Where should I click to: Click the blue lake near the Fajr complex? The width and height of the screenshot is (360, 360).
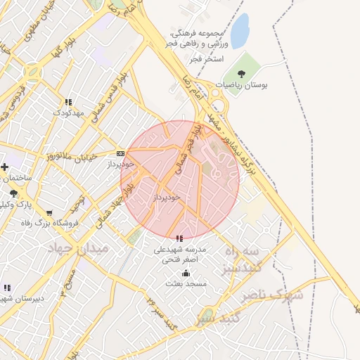click(x=240, y=31)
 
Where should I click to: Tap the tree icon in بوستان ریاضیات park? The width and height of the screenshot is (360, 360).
click(x=242, y=73)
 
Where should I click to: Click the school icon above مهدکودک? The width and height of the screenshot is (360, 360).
click(x=68, y=102)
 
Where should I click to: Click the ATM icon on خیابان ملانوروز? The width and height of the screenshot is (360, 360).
click(x=120, y=153)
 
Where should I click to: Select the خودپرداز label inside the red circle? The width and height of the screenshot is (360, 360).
click(x=167, y=198)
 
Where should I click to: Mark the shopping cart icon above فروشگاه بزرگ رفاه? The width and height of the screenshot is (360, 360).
click(x=49, y=213)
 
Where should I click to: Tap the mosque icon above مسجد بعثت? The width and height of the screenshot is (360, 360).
click(x=186, y=273)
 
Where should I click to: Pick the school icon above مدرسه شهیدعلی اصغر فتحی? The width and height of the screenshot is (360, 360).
click(x=179, y=239)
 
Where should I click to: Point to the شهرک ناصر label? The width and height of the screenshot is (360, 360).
click(x=273, y=295)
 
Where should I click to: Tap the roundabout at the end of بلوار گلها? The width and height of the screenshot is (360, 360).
click(x=32, y=71)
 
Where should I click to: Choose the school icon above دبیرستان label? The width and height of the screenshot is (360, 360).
click(x=7, y=288)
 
